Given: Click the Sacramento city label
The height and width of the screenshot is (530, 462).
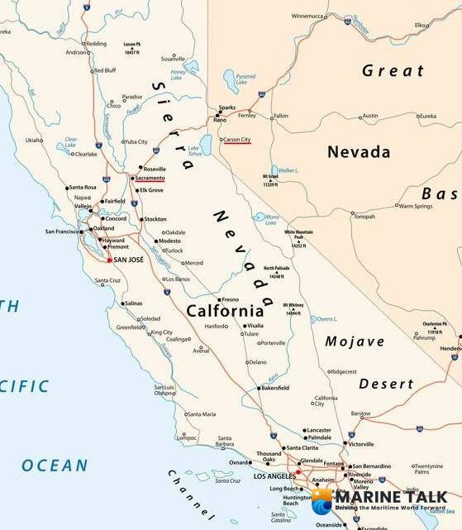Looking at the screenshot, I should pos(150,177).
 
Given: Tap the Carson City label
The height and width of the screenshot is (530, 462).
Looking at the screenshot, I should pos(237,140).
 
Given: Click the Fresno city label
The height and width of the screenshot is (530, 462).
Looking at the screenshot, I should pos(230,298).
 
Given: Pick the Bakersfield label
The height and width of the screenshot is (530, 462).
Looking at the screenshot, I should pos(272,388).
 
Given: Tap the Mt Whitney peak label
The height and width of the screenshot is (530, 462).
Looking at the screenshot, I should pos(293,308).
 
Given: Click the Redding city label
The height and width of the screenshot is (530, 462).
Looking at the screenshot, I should pos(97,43).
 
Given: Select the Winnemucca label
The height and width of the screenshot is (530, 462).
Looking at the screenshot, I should pos(307,16).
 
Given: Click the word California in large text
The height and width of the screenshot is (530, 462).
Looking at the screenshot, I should pos(225,312).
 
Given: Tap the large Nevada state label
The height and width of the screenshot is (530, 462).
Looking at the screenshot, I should pos(359,152).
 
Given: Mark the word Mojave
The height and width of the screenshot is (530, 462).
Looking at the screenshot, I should pos(355,341).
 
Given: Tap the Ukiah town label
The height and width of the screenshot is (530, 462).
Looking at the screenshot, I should pos(34,140).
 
